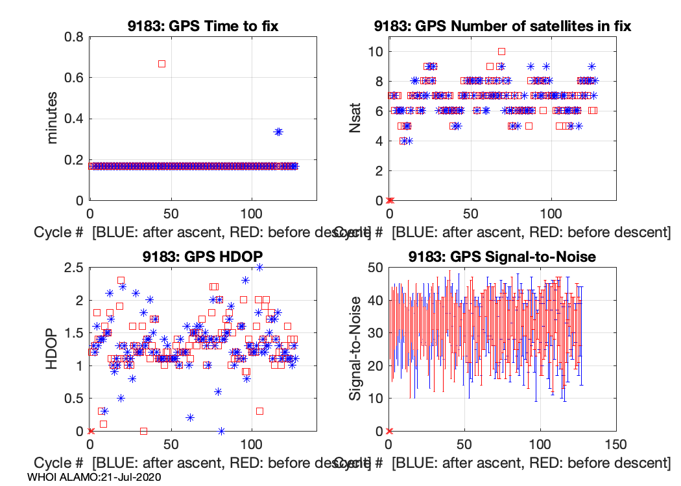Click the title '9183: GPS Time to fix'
[202, 27]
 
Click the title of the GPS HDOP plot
[202, 257]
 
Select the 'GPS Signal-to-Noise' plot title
[502, 257]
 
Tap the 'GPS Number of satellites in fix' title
[502, 27]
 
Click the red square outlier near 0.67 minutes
[161, 64]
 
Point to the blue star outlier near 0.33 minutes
[278, 132]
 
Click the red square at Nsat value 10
[501, 51]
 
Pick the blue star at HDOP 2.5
[259, 266]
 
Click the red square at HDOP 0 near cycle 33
[143, 431]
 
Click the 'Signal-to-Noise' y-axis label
[355, 349]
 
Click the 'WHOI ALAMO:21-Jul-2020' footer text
[95, 477]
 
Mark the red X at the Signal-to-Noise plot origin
[389, 431]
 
